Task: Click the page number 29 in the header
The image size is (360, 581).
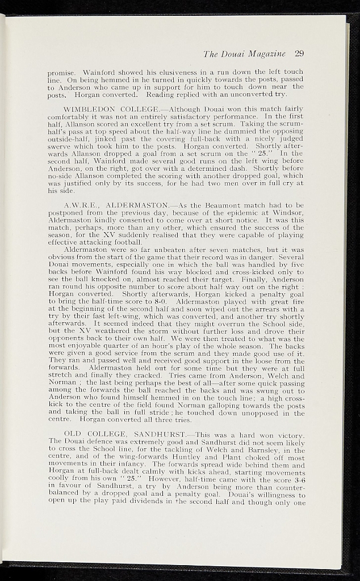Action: click(x=299, y=54)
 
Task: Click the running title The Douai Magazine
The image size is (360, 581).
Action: click(x=245, y=54)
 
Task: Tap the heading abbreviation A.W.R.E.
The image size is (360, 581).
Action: click(x=79, y=204)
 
